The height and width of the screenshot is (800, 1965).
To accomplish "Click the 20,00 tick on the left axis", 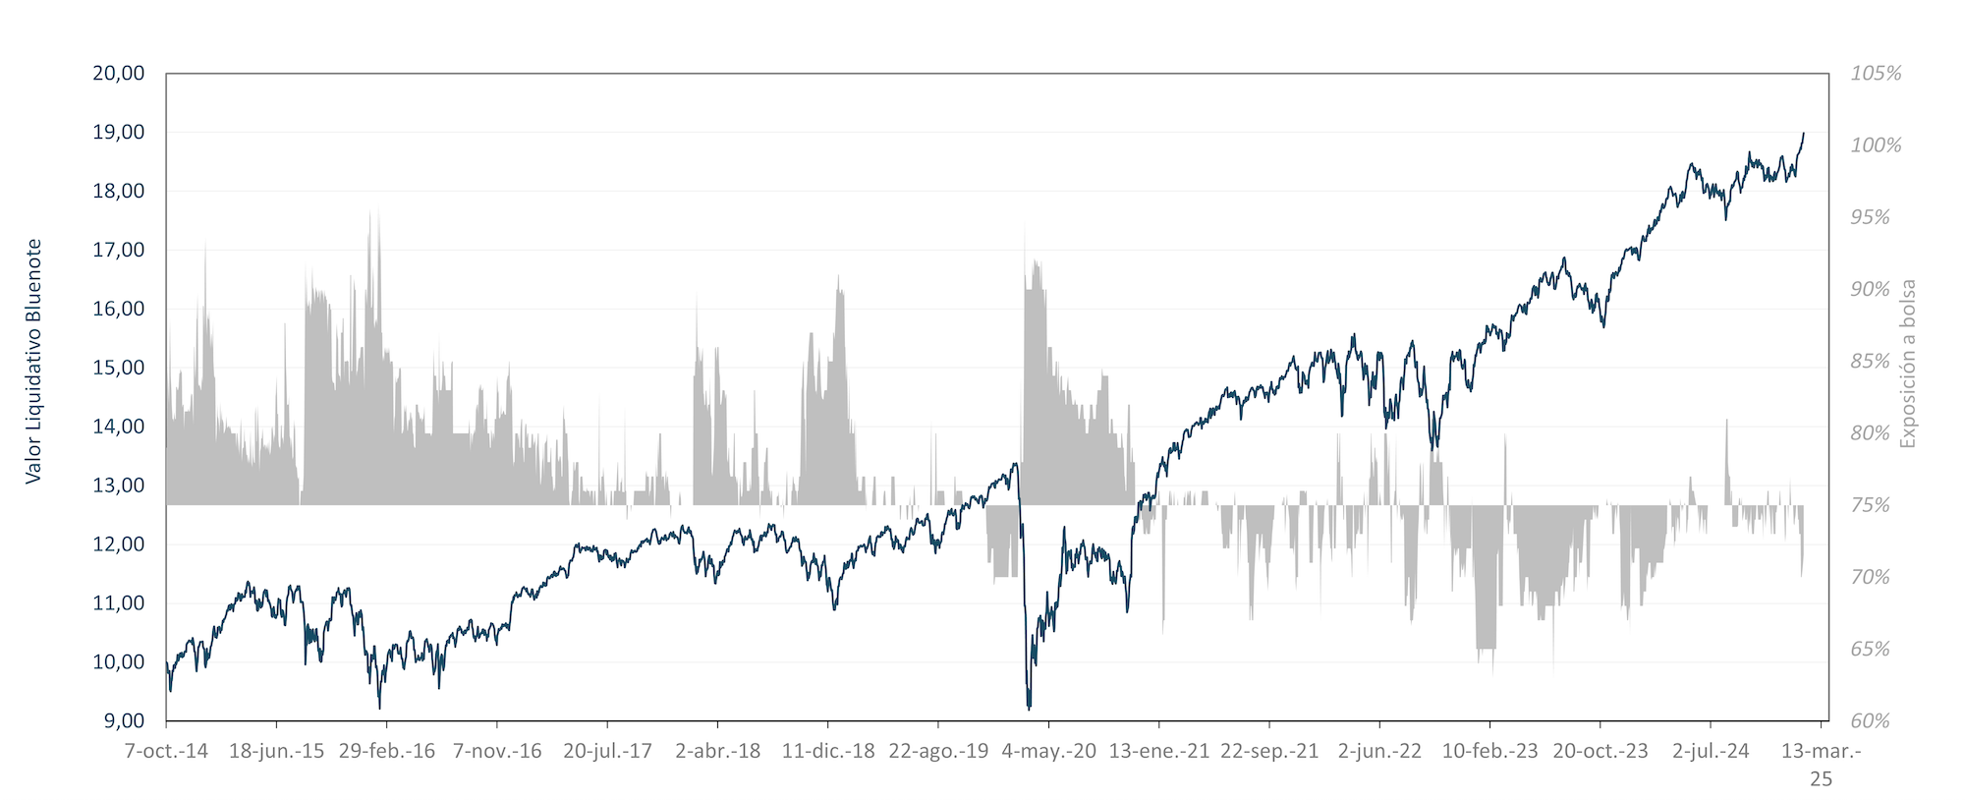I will coord(118,74).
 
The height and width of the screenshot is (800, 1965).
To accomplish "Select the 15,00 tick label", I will coord(118,369).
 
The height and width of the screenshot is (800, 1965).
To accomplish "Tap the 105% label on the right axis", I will coord(1876,74).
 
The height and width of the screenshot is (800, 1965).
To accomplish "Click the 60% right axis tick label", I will coord(1870,721).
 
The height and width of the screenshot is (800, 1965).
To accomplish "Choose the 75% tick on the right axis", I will coord(1870,505).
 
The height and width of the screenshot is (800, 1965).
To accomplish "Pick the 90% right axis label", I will coord(1870,290).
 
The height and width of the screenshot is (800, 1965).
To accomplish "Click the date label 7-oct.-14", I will coord(167,752).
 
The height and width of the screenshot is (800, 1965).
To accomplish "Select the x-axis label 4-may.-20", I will coord(1048,752).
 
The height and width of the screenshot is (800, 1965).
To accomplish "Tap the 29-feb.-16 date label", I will coord(387,752).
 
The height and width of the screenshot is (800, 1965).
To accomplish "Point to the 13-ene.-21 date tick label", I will coord(1159,752).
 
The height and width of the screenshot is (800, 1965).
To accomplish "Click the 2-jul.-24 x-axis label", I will coord(1711,752).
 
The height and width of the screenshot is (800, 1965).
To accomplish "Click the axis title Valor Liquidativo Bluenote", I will coord(34,361).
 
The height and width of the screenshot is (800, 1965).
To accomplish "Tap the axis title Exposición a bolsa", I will coord(1907,364).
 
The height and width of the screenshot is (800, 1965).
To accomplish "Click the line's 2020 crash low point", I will coord(1029,708).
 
